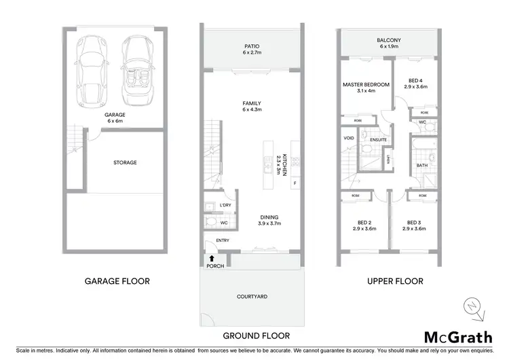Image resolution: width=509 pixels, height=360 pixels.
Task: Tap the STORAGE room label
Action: [x=125, y=163]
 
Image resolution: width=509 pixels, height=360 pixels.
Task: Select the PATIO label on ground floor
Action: [x=252, y=47]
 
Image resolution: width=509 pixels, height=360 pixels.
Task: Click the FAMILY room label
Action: [x=252, y=104]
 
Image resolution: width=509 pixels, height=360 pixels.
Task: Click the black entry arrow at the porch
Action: [x=212, y=258]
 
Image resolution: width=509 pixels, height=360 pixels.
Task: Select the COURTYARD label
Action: [x=252, y=296]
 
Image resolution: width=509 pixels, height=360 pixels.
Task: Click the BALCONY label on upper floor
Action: [x=389, y=41]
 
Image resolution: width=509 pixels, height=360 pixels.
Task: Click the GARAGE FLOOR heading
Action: [x=117, y=281]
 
